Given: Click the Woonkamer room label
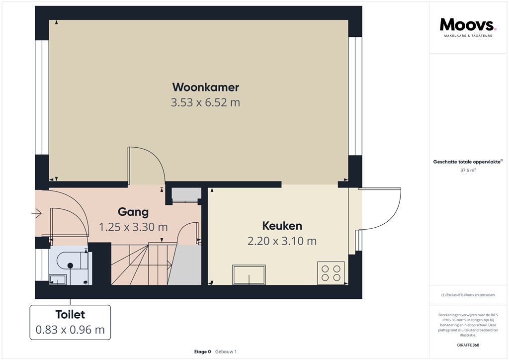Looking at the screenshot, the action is click(x=205, y=87).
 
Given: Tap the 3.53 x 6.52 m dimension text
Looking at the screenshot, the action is click(x=205, y=102).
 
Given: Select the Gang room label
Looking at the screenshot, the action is click(x=133, y=212).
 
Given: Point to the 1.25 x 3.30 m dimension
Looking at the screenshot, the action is click(x=133, y=227).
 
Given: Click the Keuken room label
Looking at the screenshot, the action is click(x=282, y=226).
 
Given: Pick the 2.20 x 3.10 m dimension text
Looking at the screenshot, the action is click(x=282, y=241).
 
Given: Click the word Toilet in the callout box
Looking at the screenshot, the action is click(x=70, y=314).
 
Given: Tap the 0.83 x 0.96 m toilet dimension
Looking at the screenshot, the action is click(x=70, y=330).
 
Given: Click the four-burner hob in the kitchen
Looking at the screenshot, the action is click(x=331, y=273).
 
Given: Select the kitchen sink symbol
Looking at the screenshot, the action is click(x=249, y=274).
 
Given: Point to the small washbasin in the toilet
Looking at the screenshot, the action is click(x=58, y=279).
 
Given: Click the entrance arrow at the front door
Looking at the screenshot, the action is click(x=36, y=213).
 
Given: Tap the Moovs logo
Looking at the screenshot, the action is click(x=468, y=25).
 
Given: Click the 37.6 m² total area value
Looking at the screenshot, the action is click(x=468, y=170).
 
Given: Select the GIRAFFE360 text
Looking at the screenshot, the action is click(x=468, y=345).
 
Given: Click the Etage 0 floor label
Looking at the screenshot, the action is click(x=203, y=352).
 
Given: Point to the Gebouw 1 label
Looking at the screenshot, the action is click(x=226, y=352).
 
